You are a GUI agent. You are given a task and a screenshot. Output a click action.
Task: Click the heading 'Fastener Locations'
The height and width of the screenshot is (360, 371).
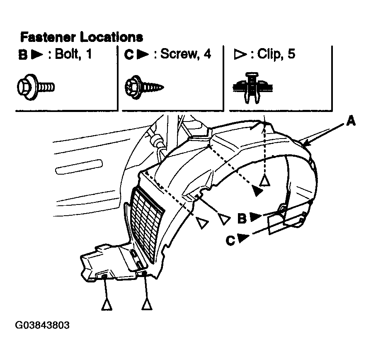coord(82,37)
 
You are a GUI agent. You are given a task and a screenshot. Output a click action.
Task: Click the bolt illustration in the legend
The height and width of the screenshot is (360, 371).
coord(36,87)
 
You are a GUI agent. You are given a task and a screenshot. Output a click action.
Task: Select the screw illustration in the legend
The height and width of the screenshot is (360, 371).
coord(144,87)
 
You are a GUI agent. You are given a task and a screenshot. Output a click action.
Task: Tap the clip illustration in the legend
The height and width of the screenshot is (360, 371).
coord(252,88)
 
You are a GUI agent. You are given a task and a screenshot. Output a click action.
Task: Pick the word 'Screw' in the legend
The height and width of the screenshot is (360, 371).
coord(179,54)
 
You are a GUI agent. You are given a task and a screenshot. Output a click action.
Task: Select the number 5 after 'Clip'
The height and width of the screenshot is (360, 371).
coord(291,54)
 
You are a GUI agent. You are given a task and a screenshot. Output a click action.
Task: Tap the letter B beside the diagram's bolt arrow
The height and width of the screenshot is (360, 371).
coord(242,218)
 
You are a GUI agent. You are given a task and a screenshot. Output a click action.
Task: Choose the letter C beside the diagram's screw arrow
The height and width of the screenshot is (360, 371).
coord(231,241)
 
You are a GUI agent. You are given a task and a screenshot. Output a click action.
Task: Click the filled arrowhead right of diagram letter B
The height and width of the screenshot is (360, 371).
coord(255,216)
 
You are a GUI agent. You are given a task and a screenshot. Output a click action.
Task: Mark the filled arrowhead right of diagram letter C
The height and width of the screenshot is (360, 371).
coord(243,238)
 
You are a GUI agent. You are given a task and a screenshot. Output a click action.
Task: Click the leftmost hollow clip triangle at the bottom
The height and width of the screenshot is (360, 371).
coord(107,305)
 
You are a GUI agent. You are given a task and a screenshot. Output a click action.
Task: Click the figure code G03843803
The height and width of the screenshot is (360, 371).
coord(42,325)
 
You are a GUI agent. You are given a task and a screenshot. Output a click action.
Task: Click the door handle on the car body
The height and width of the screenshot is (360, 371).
coord(79,167)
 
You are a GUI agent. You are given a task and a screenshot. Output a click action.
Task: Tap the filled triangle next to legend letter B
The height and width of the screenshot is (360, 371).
coord(37,54)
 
